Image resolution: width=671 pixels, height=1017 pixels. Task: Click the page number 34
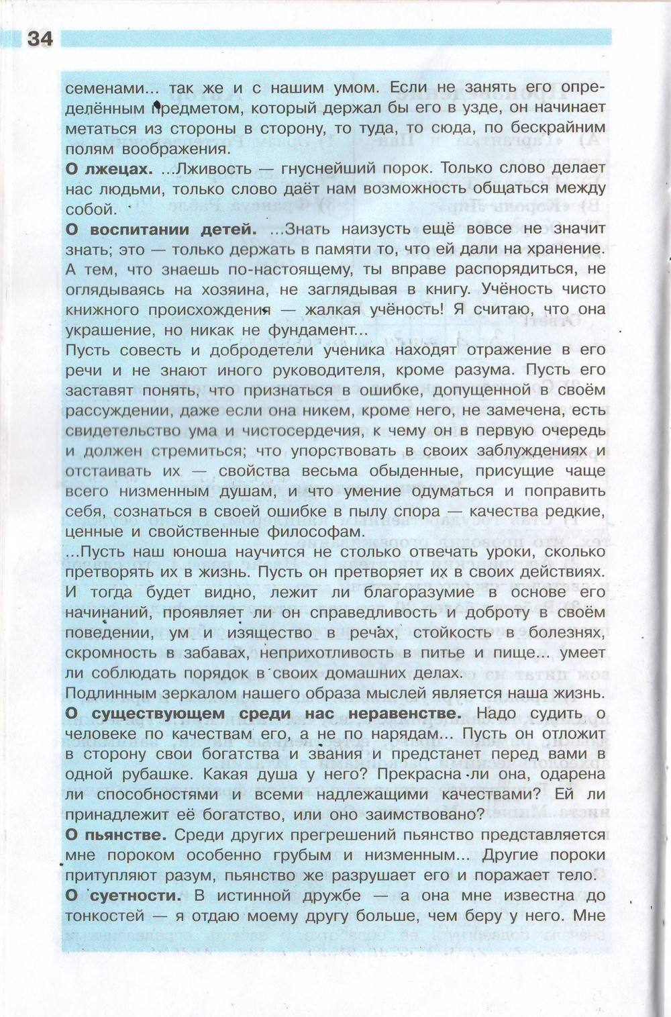pos(40,39)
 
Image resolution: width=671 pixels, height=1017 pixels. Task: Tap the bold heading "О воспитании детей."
pos(161,229)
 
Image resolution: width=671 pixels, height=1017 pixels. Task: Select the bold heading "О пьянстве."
pos(115,835)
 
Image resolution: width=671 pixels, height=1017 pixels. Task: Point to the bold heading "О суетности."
pos(123,895)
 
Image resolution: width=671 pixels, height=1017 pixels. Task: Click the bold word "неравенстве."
pos(403,713)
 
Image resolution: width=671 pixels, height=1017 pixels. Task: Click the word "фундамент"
pos(313,330)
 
